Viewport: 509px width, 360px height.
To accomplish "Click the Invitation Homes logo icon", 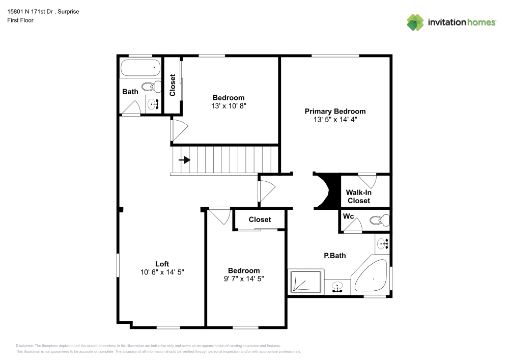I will point(415,22).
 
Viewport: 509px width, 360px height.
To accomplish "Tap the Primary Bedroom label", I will point(335,111).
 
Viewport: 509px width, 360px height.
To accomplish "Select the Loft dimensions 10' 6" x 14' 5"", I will point(162,272).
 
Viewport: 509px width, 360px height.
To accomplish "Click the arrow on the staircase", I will point(185,160).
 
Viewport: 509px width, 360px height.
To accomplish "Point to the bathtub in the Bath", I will point(140,68).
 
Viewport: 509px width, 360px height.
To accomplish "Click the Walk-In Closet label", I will point(358,197).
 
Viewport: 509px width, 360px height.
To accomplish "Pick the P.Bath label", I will point(334,255).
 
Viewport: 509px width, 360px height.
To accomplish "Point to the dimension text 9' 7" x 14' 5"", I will point(244,279).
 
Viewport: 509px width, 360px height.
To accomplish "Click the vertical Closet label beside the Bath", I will point(173,85).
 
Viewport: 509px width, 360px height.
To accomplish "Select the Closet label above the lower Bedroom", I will point(260,219).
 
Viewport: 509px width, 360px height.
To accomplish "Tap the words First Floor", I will point(20,20).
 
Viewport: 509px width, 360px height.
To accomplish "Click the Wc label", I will point(349,216).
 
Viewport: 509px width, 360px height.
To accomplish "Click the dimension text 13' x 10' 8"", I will point(229,106).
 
